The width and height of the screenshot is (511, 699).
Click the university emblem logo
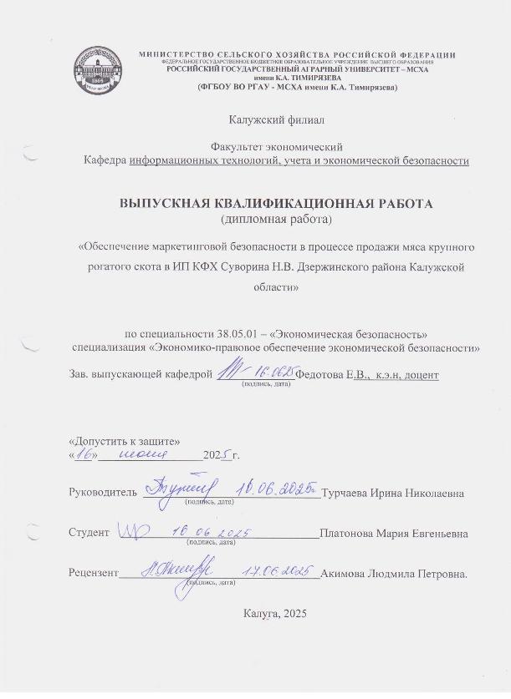(98, 68)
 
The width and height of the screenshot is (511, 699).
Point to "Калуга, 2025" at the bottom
(276, 614)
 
